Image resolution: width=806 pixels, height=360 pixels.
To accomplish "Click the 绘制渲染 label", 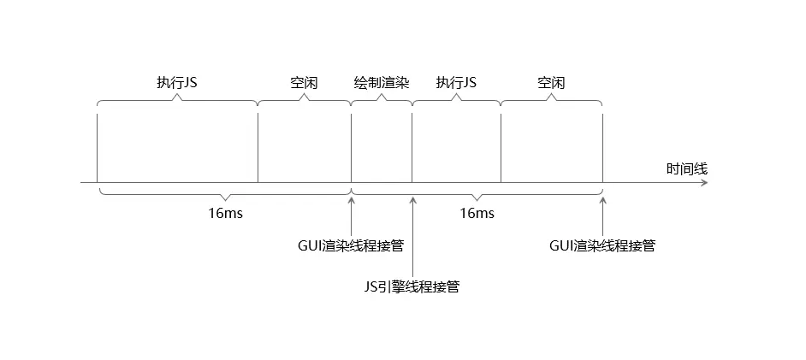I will coord(382,83).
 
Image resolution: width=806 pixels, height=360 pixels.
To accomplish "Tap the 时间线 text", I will coord(687,169).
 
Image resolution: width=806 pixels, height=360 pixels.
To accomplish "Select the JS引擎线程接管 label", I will coord(412,286).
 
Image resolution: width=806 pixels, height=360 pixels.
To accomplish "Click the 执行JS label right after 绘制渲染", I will coord(456,83).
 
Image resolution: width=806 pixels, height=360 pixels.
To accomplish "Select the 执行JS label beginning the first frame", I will coord(177,83).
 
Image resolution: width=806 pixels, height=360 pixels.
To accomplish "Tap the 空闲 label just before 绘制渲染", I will coord(304,83).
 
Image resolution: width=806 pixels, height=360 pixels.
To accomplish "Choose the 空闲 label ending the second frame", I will coord(551,83).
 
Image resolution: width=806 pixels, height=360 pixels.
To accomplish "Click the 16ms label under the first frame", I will coord(225,213).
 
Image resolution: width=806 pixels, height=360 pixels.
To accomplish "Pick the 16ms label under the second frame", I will coord(477,213).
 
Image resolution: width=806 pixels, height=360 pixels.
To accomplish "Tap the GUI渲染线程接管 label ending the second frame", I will coord(602,245).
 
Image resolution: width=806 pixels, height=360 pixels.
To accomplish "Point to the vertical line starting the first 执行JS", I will coord(98,145).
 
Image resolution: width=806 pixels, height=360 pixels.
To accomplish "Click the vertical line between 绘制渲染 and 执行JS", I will coord(412,145).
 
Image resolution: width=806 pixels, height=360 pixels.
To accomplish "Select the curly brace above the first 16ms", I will coord(224,193).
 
